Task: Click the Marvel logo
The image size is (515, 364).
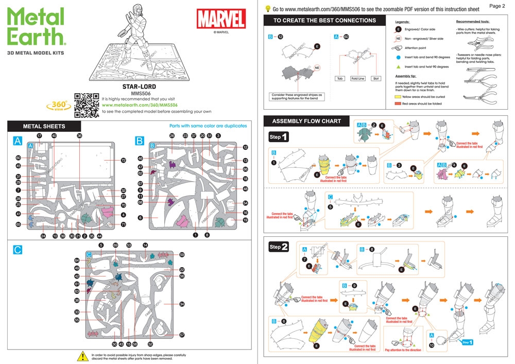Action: point(221,20)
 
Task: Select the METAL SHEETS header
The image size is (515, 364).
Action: point(44,126)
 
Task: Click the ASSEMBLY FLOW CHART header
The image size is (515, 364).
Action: point(306,121)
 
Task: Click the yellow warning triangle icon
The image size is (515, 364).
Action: point(82,356)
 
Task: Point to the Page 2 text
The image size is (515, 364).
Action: point(497,6)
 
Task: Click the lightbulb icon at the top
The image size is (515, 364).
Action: point(268,9)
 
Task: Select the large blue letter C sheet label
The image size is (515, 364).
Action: point(18,250)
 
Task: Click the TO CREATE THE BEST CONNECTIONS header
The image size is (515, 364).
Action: point(324,21)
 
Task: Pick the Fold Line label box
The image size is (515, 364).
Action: point(357,79)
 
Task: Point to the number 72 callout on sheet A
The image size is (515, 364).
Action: point(123,161)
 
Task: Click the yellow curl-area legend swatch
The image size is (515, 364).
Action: point(398,96)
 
